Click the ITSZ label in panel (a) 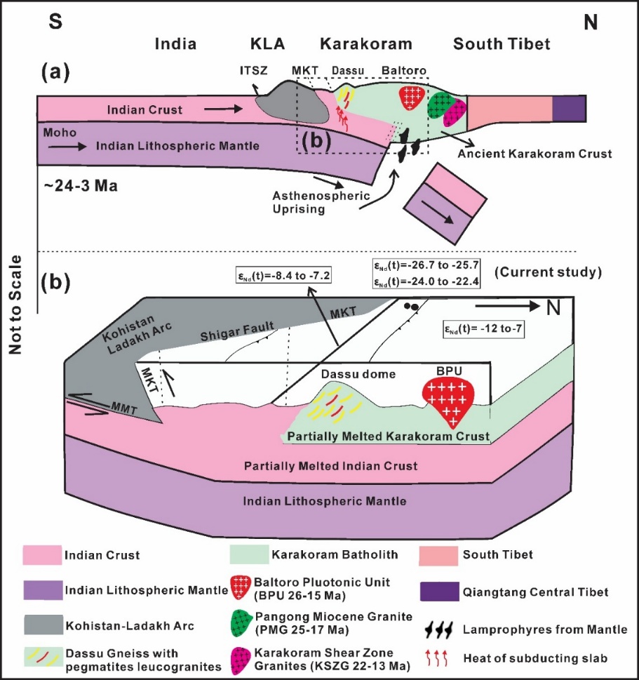coord(254,70)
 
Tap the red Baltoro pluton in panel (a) coord(409,98)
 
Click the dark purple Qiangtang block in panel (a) coord(569,108)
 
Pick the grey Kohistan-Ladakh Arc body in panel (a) coord(291,102)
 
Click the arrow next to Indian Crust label coord(223,109)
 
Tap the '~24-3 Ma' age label coord(81,185)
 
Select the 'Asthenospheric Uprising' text coord(321,202)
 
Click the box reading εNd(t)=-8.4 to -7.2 coord(283,275)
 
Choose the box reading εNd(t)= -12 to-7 coord(483,329)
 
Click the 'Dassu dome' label coord(358,374)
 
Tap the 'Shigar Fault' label coord(236,331)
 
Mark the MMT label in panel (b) coord(124,408)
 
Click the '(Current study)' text coord(548,272)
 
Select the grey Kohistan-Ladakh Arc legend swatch coord(43,625)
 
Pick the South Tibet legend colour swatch coord(438,556)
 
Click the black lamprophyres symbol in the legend coord(438,629)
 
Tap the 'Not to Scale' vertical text coord(15,305)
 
